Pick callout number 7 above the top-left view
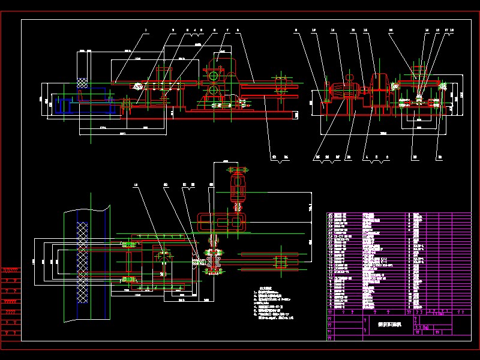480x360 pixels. [228, 29]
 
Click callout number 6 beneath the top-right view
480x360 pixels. [388, 157]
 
